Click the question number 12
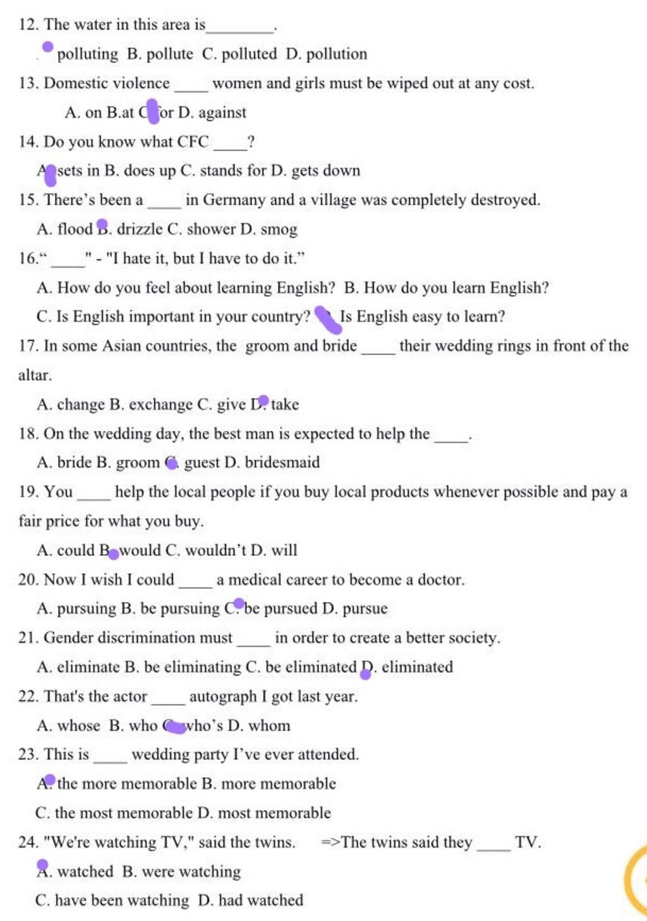[28, 25]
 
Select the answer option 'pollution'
[336, 54]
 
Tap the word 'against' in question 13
[222, 112]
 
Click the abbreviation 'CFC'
[193, 141]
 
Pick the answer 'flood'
[75, 229]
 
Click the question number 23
[28, 754]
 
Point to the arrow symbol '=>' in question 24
[330, 842]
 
